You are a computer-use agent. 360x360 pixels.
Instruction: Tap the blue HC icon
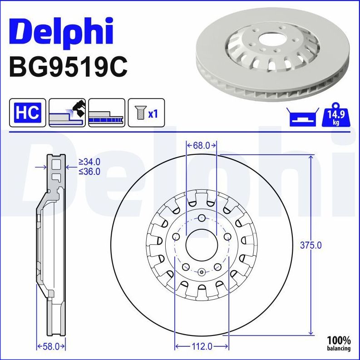(28, 113)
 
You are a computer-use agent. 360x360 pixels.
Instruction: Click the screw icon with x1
(146, 113)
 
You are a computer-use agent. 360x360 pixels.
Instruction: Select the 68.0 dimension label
(202, 145)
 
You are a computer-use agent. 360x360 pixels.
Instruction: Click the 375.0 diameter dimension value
(311, 245)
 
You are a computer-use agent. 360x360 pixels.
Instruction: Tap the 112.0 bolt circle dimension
(202, 347)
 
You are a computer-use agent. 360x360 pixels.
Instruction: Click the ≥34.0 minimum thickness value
(89, 161)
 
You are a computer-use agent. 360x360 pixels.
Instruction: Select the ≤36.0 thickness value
(89, 171)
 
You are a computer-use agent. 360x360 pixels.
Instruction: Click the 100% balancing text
(339, 343)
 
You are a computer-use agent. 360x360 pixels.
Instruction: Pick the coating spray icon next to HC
(67, 113)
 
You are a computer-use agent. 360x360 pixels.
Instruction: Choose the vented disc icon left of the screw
(107, 113)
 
